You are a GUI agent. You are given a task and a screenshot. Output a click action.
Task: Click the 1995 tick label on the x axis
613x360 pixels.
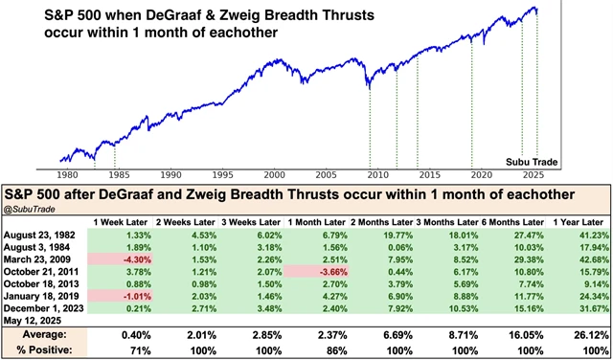[222, 175]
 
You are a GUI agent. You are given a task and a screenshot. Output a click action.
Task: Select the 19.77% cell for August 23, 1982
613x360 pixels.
[375, 231]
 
